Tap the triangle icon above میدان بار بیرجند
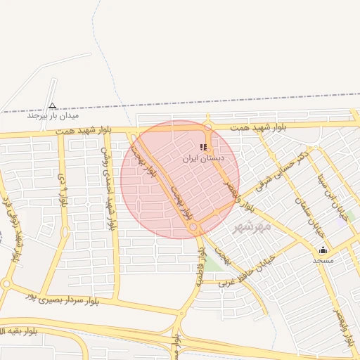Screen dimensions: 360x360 pos(52,106)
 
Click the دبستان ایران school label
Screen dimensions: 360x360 pos(203,159)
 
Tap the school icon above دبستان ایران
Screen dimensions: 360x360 pos(203,148)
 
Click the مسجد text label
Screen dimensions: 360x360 pos(323,260)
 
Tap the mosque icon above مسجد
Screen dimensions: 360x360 pos(323,250)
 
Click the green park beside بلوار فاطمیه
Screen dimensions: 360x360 pos(212,264)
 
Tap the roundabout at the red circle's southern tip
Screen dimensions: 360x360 pos(193,227)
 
